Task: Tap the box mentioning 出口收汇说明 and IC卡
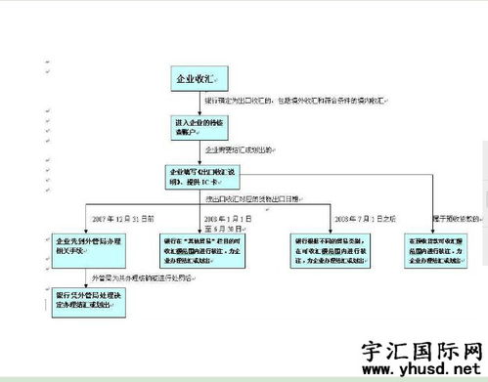click(x=200, y=177)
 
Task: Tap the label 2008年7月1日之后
click(x=366, y=218)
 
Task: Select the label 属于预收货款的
click(x=459, y=218)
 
